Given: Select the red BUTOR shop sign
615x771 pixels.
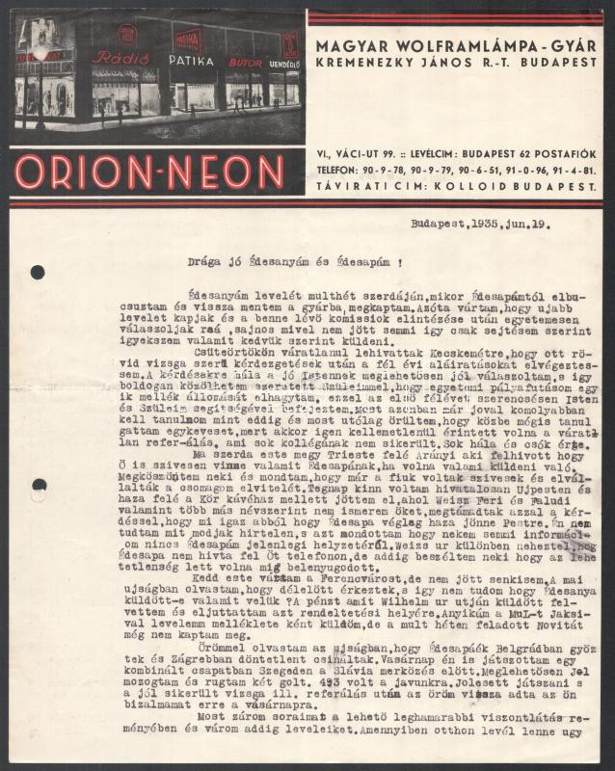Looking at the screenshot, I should tap(244, 63).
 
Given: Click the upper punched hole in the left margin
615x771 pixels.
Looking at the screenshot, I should tap(38, 272).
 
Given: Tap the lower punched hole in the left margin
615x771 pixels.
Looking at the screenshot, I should tap(38, 485).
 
